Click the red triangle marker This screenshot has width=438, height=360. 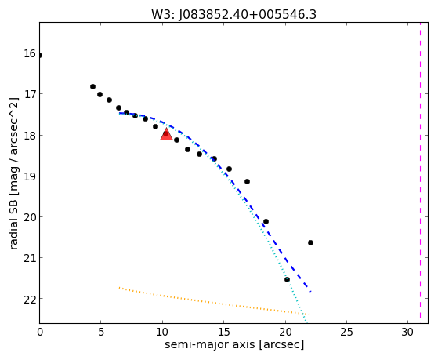(166, 134)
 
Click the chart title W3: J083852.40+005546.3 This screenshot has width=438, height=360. (233, 14)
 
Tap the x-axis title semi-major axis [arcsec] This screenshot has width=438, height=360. (234, 344)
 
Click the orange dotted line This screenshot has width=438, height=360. (214, 301)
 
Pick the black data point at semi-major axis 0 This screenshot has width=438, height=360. (40, 56)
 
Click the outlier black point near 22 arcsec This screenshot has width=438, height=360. (310, 242)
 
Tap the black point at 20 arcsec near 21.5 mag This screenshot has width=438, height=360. (287, 279)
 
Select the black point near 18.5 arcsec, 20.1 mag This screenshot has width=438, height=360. (266, 221)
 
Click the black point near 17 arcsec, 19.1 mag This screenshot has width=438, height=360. (247, 181)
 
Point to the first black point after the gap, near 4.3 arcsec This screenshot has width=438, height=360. (92, 87)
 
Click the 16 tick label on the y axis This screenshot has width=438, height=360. (29, 53)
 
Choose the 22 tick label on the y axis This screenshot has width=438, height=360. (29, 299)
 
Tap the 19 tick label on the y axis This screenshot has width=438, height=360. (29, 176)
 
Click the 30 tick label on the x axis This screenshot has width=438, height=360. (407, 333)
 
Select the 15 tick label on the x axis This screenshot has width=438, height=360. (223, 333)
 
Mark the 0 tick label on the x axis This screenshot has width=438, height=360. (40, 333)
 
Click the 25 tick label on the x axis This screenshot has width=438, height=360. (346, 333)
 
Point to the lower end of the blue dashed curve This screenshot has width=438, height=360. (310, 292)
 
